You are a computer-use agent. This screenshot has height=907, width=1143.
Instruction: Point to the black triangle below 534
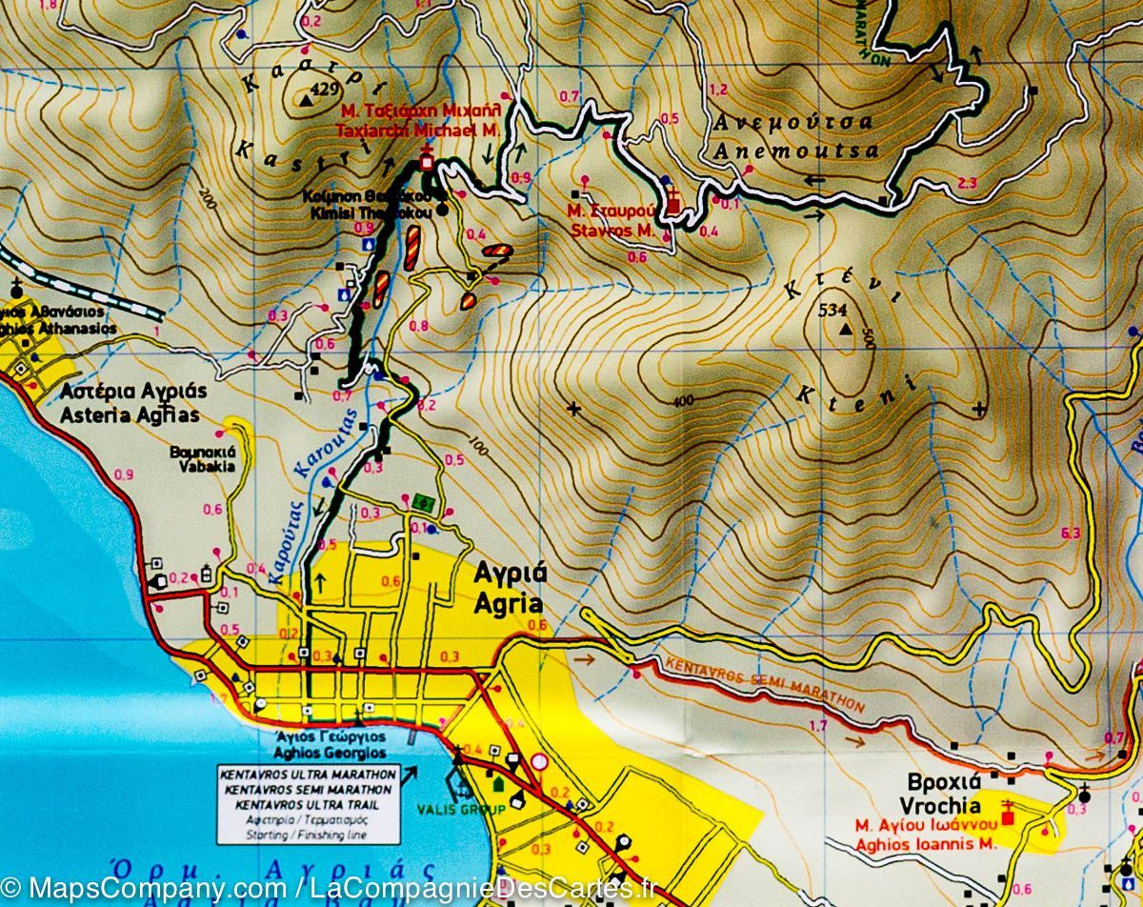tap(845, 331)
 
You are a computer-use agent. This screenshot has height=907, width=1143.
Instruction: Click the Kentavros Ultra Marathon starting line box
tap(304, 803)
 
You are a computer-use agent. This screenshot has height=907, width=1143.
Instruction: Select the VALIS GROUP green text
tap(447, 810)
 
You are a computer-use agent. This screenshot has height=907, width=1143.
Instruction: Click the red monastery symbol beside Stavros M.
tap(673, 204)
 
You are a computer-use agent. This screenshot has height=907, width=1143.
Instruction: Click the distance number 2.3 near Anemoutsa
tap(968, 183)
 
